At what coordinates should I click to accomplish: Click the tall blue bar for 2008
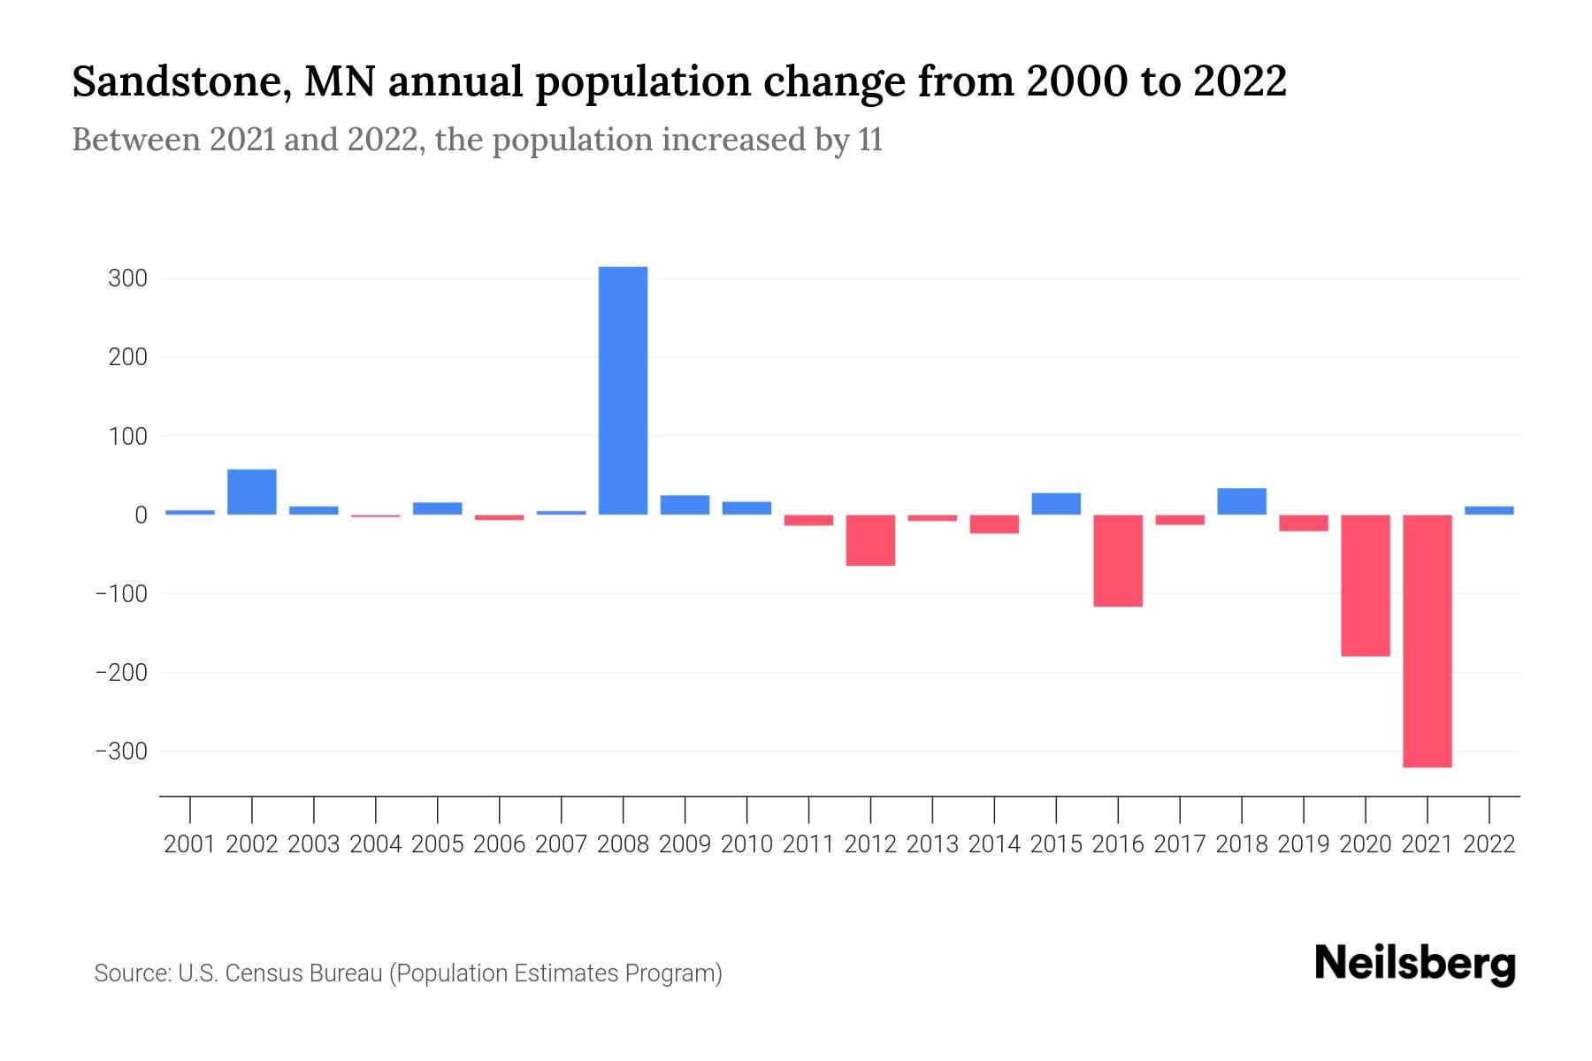[623, 390]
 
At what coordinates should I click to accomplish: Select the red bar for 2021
[1427, 640]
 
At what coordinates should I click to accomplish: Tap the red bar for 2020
[1366, 584]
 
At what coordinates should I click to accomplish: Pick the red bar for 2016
[1118, 560]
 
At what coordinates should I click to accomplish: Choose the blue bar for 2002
[252, 492]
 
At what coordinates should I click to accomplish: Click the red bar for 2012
[870, 539]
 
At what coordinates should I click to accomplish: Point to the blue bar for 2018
[1242, 501]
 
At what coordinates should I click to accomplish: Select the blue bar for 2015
[1056, 503]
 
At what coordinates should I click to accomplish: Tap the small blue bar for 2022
[1489, 510]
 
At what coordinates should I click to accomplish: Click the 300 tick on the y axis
[127, 279]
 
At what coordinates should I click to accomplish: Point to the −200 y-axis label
[121, 673]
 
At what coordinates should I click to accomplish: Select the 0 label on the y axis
[141, 515]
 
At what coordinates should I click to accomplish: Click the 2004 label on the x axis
[376, 844]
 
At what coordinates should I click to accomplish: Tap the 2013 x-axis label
[932, 844]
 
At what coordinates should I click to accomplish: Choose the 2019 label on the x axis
[1304, 844]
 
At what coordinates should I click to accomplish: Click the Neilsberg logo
[1415, 964]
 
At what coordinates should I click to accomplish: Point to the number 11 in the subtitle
[870, 141]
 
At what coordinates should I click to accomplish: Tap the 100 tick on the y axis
[127, 436]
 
